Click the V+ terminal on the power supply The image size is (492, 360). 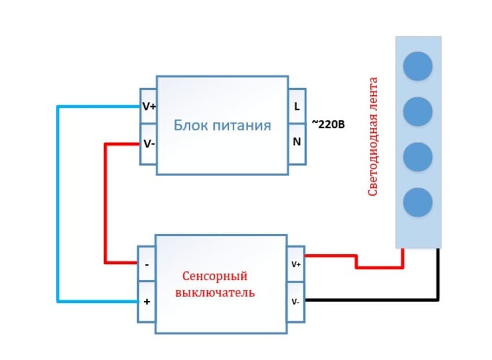coord(148,106)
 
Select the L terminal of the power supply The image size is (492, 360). coord(297,106)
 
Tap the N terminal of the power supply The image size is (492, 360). coord(297,141)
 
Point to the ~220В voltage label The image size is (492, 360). coord(328,123)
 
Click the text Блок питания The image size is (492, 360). coord(223,125)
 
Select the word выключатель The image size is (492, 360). coord(215,292)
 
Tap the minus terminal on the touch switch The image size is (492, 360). coord(146,264)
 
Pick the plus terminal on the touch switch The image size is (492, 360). coord(146,302)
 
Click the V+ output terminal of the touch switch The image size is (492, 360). coord(296,264)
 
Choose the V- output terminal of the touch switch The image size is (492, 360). coord(296,301)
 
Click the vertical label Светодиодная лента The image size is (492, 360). coord(373,137)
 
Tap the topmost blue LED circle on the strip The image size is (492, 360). coord(417,66)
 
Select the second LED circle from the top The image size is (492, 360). coord(417,111)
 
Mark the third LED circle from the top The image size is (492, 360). coord(417,156)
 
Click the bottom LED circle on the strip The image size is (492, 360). coord(417,202)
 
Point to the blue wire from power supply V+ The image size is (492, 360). coord(58,203)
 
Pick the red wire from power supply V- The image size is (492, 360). coord(105,203)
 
